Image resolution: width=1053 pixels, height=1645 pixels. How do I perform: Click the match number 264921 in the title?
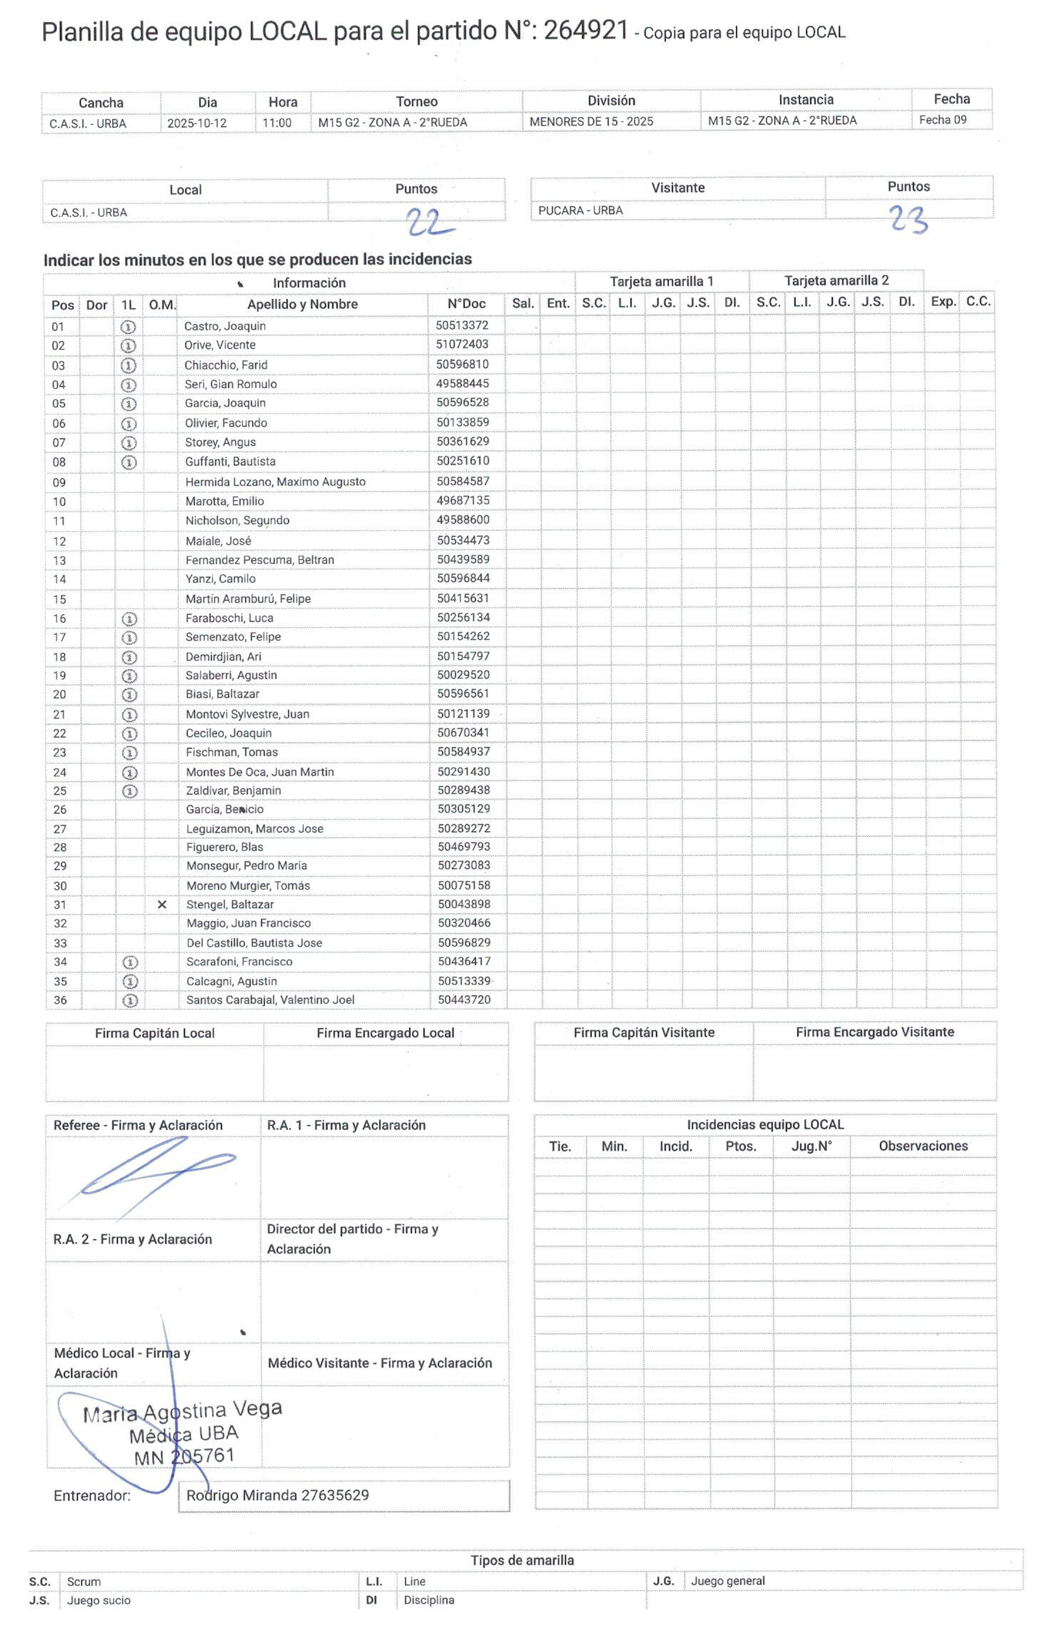(586, 31)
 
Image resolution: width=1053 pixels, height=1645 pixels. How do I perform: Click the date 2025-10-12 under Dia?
(197, 123)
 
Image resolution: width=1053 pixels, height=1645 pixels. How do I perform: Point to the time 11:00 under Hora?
(277, 123)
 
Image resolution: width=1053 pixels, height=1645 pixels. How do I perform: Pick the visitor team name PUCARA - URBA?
(580, 210)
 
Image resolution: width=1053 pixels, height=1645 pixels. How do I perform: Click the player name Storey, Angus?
(220, 442)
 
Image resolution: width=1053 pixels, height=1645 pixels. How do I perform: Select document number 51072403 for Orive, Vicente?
(462, 345)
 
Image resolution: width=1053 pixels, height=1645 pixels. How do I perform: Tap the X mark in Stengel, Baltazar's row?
(162, 905)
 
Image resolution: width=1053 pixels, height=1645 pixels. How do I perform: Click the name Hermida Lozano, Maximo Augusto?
(275, 482)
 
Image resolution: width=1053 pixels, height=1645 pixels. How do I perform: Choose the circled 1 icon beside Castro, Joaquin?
(128, 327)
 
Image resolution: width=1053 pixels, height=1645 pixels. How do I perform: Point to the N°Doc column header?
(467, 304)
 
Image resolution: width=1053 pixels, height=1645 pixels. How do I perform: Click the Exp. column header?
(942, 302)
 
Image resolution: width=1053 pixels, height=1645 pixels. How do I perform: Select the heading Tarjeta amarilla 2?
(836, 280)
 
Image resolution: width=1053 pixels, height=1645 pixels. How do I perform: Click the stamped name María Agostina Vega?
(183, 1412)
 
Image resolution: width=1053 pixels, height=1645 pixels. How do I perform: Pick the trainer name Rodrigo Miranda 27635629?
(278, 1495)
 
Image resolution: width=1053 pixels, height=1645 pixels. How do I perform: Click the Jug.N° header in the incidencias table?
(811, 1146)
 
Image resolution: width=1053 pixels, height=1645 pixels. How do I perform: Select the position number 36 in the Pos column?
(61, 1000)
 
